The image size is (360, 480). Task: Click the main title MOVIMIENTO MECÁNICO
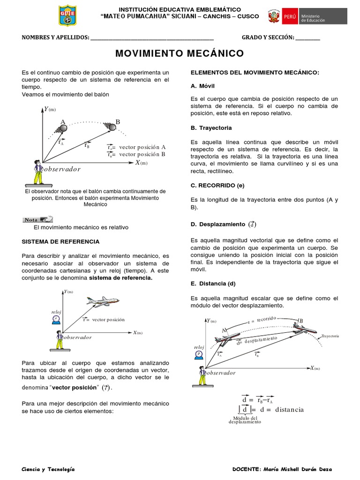click(180, 53)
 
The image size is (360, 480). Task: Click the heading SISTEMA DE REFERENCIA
click(60, 241)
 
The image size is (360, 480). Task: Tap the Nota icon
click(37, 219)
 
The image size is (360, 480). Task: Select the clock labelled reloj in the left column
click(56, 319)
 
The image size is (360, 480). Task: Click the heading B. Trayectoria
click(211, 127)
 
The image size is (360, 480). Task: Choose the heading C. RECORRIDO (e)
click(218, 185)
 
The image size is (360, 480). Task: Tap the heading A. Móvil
click(202, 86)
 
